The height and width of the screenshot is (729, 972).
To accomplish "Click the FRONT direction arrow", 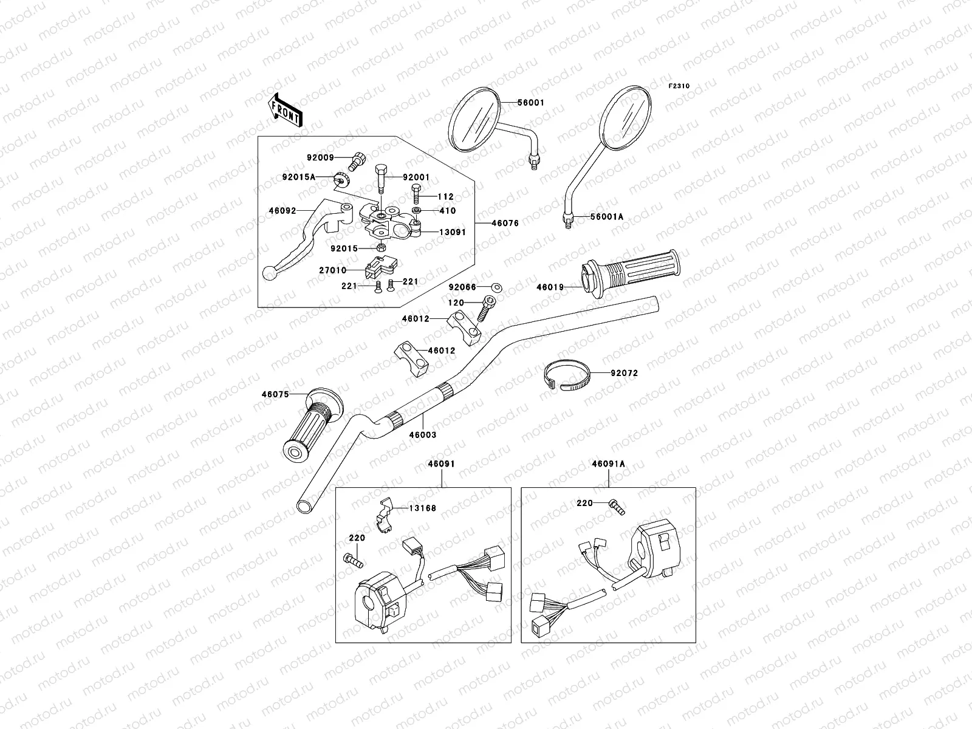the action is pos(285,111).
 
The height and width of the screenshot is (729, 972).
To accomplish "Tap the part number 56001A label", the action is pos(607,216).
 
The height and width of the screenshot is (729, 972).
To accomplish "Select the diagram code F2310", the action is pos(679,86).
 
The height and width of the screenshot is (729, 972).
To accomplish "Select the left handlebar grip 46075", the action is pos(312,425).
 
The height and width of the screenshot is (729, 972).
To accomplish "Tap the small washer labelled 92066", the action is pos(497,288).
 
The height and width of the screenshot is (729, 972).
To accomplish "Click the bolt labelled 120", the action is pos(486,308).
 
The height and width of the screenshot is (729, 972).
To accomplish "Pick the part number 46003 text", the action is pos(422,434).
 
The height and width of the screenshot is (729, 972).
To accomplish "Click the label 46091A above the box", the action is pos(609,464).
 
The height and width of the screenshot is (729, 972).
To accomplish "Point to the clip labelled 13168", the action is pos(385,515).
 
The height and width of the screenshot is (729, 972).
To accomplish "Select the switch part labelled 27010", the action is pos(380,267).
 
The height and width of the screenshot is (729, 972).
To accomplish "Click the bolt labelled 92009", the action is pos(357,161).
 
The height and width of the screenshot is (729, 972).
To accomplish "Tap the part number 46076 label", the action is pos(505,223).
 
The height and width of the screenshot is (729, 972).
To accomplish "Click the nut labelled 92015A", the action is pos(341,179).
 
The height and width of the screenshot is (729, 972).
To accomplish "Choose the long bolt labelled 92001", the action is pos(381,179).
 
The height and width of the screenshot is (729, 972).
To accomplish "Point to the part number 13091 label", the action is pos(453,232).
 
